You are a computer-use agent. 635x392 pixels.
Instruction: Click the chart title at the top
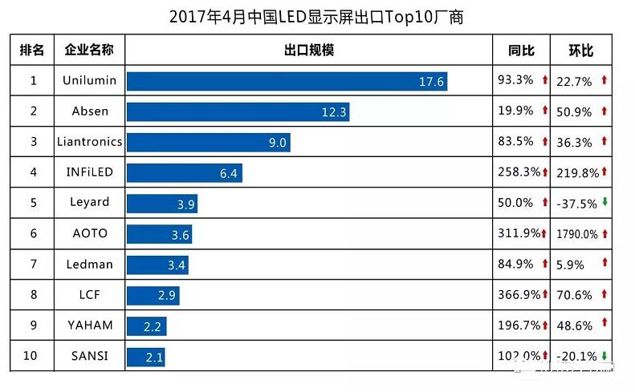click(x=316, y=16)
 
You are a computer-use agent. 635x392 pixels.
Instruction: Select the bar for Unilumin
click(x=286, y=81)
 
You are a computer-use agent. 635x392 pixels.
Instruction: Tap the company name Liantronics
click(x=89, y=142)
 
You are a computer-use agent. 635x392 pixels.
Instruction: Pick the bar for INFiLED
click(x=184, y=173)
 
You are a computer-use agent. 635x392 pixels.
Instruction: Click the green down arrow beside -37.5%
click(x=604, y=203)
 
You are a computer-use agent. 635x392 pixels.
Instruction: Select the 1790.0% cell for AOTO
click(x=576, y=234)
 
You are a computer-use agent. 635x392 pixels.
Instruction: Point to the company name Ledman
click(x=89, y=264)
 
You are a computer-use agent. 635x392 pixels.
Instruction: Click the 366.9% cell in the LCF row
click(x=519, y=295)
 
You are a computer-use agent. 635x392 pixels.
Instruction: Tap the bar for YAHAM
click(x=146, y=325)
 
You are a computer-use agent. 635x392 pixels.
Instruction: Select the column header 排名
click(x=33, y=51)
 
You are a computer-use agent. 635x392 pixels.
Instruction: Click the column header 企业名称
click(x=89, y=51)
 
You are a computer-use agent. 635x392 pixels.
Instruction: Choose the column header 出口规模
click(x=308, y=51)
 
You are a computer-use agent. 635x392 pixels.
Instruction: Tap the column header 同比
click(x=521, y=51)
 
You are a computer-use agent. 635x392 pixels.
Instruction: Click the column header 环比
click(x=580, y=51)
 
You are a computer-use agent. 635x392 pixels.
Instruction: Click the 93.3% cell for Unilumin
click(x=515, y=80)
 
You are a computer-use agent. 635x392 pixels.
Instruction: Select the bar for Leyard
click(x=161, y=204)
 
